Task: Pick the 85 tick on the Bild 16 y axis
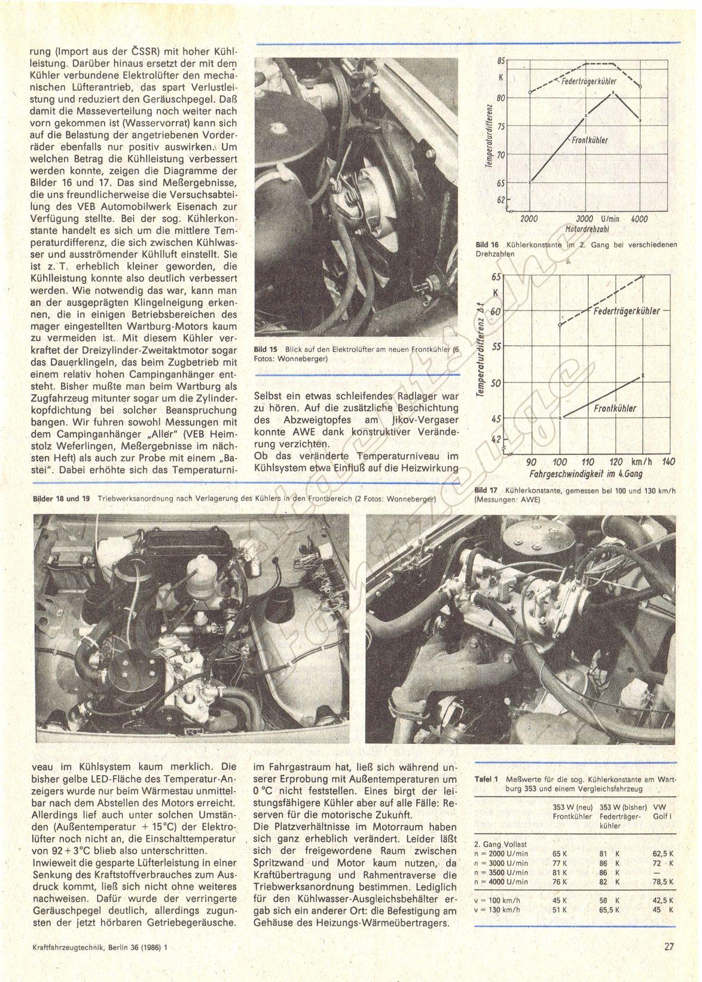click(x=501, y=60)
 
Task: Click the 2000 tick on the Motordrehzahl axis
click(x=529, y=219)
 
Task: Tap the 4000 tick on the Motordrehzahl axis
click(x=639, y=219)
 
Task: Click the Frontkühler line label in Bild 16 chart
click(x=590, y=140)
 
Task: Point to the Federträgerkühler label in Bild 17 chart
click(x=627, y=311)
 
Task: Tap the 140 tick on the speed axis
click(x=669, y=461)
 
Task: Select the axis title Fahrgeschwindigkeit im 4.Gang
click(x=584, y=474)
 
